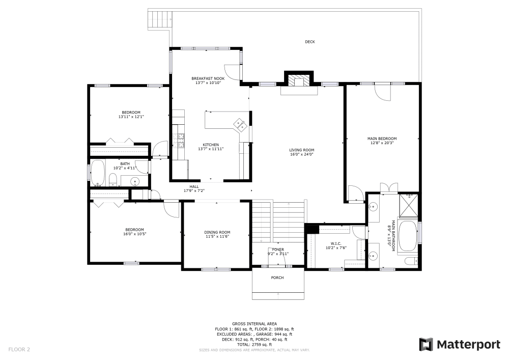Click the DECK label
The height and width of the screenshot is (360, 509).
pos(309,42)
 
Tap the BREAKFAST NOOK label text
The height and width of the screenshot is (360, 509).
pos(208,78)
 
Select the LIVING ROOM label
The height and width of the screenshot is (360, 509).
pos(301,150)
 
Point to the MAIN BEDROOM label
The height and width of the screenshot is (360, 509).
pos(382,139)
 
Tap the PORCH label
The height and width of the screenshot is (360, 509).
pos(277,278)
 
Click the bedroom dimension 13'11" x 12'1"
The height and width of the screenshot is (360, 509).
pos(131,117)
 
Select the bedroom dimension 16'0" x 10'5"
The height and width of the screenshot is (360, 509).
pos(134,234)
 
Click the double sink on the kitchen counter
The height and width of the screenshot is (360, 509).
pos(240,124)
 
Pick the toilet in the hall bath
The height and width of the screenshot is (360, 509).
pos(114,180)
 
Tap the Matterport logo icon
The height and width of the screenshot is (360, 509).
pos(426,345)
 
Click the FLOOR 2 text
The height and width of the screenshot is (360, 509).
pos(19,349)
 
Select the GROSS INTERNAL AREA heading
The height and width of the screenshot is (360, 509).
pos(254,324)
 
